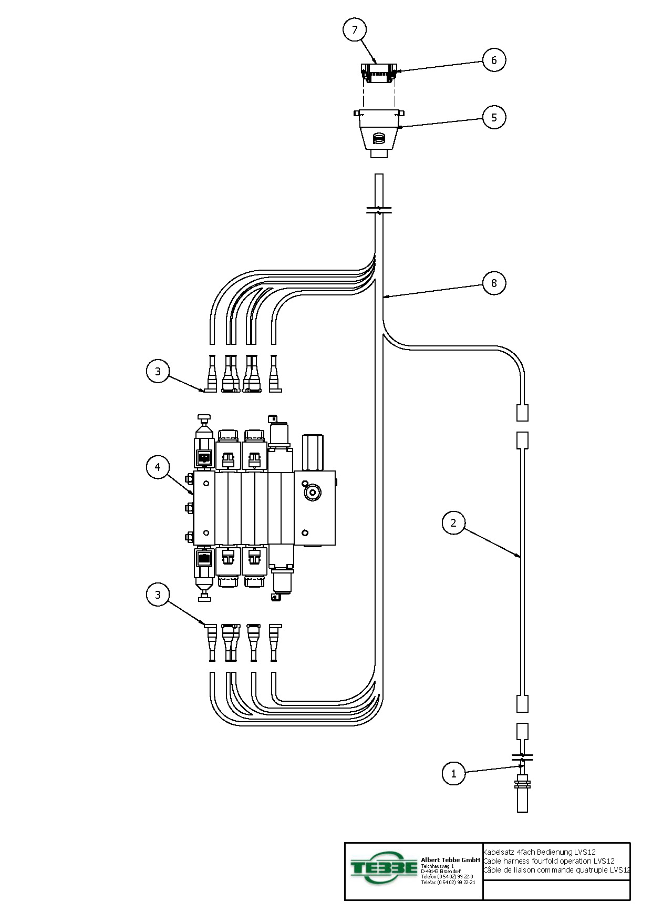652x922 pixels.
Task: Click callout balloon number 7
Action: click(355, 29)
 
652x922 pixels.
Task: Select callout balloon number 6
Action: click(494, 60)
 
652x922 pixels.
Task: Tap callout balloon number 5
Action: click(494, 117)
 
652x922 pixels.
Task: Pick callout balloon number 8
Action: click(494, 283)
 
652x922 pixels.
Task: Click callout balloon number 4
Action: click(158, 467)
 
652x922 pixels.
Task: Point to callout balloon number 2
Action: click(453, 523)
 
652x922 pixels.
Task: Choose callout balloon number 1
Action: click(453, 773)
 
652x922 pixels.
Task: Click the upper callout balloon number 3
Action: click(158, 372)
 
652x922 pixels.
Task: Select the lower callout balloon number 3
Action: click(158, 595)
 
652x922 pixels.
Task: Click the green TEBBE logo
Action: click(384, 867)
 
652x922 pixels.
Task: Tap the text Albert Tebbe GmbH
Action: click(450, 860)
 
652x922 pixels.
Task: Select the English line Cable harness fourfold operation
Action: click(548, 861)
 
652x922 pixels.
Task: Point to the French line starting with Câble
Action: click(556, 870)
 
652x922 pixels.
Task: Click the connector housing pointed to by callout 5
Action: click(378, 131)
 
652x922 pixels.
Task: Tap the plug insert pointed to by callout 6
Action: click(378, 74)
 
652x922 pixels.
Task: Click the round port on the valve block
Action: click(313, 493)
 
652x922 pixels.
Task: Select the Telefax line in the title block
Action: click(448, 883)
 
